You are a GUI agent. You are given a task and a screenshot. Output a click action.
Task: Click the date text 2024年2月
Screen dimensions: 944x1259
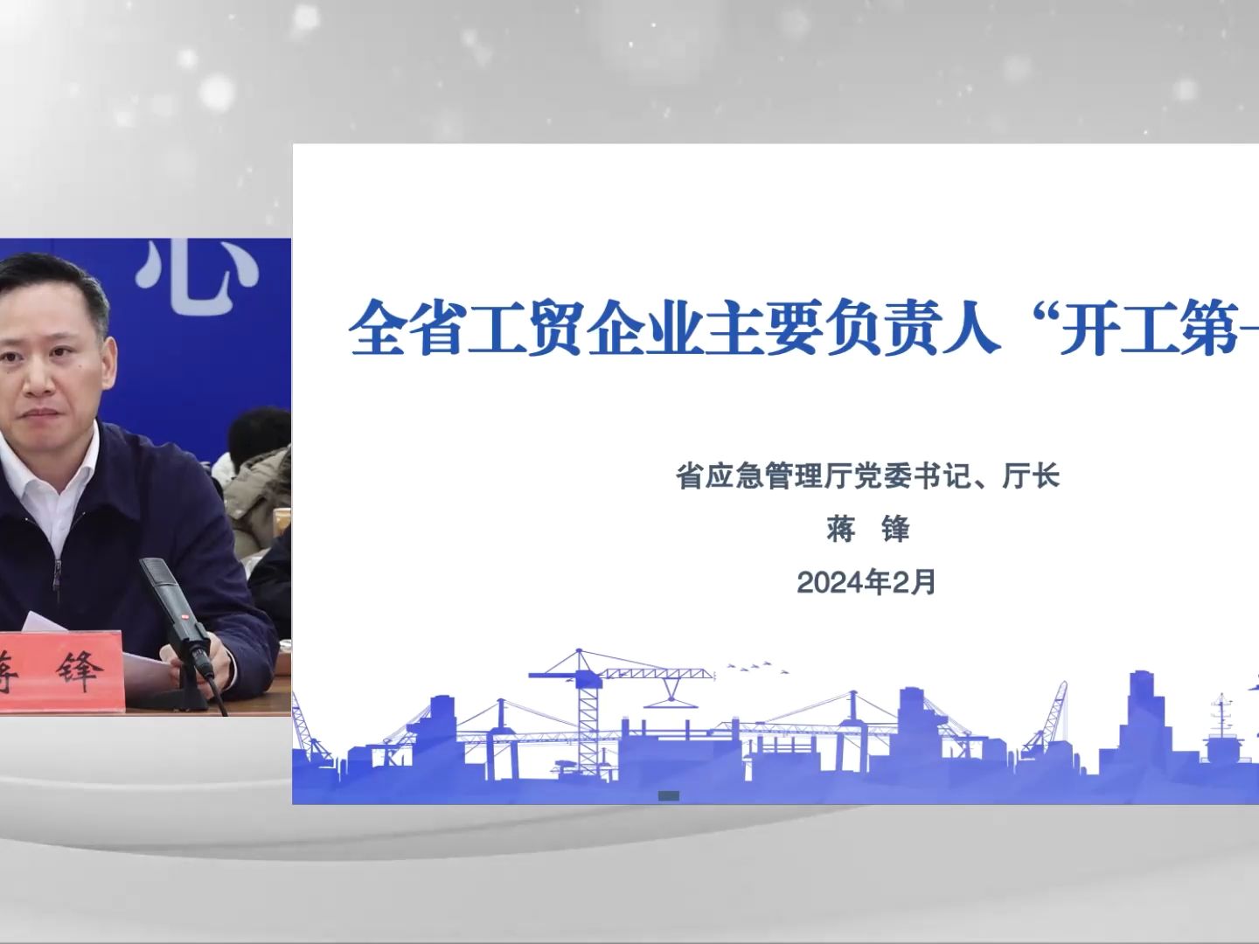866,582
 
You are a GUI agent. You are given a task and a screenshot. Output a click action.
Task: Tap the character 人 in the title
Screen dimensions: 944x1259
970,327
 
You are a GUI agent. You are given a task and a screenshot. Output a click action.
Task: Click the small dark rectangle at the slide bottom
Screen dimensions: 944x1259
668,795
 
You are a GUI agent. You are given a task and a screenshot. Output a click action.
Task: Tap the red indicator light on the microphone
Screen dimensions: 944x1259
185,617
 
